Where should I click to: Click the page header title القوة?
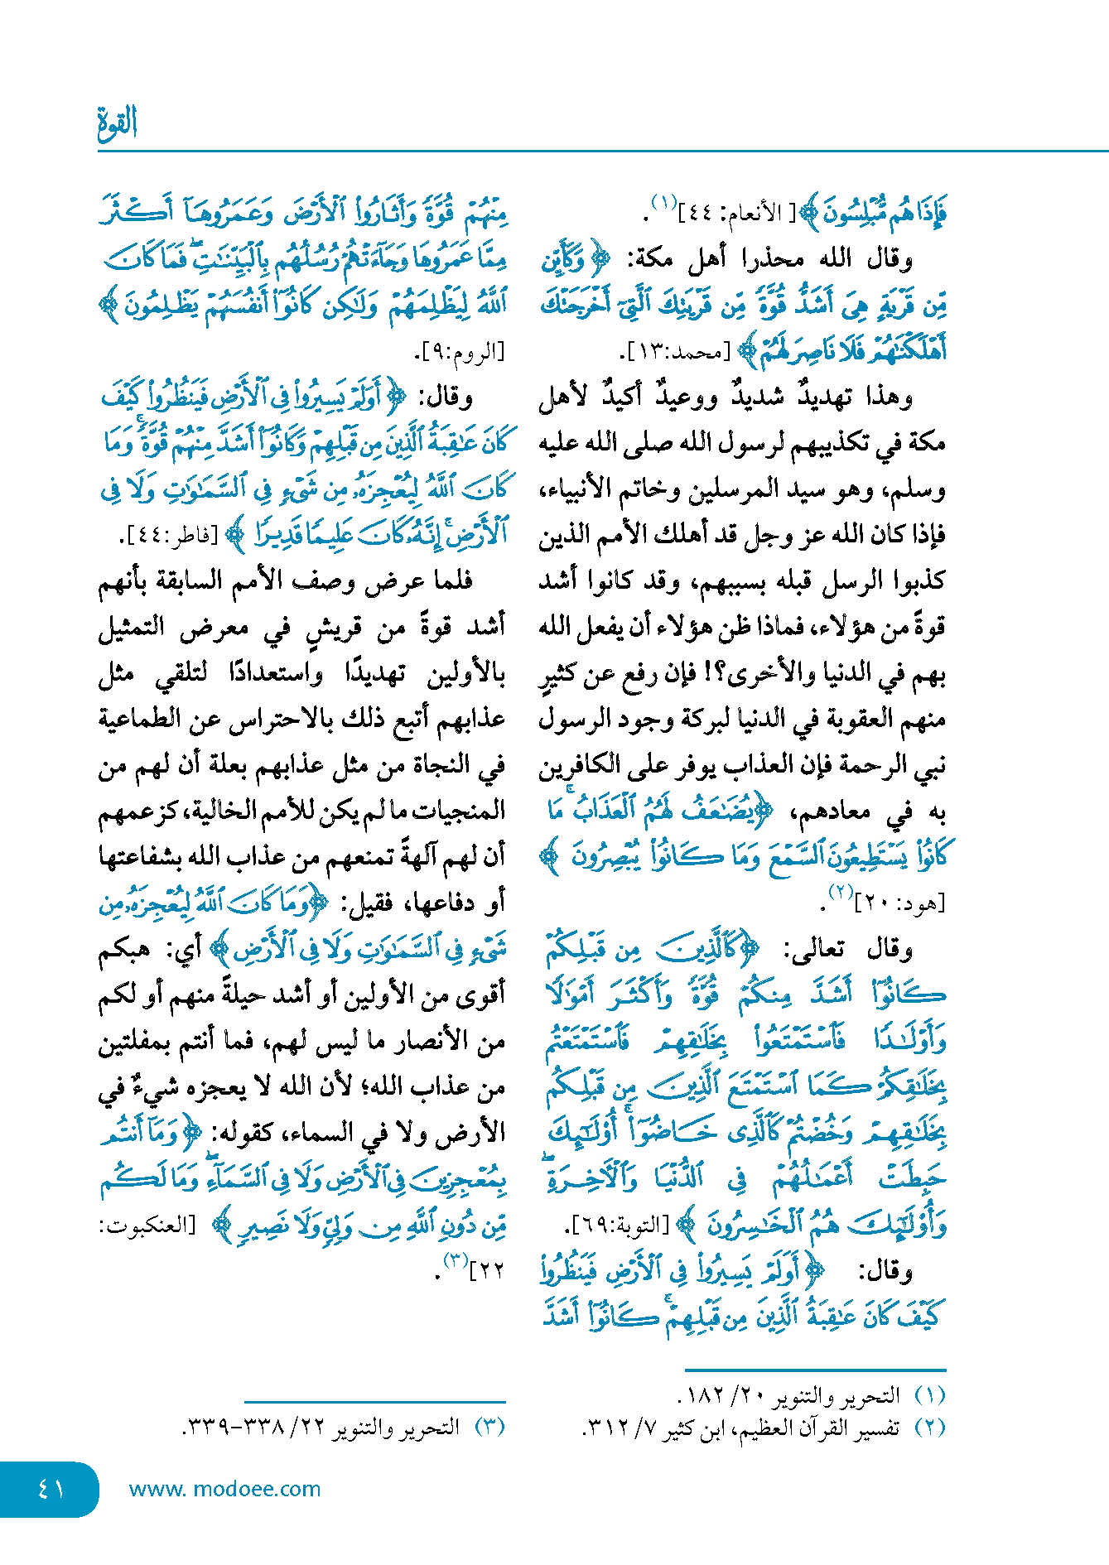coord(117,123)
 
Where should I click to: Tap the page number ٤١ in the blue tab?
coord(51,1489)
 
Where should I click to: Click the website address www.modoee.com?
coord(224,1489)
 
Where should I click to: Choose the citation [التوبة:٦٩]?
coord(618,1225)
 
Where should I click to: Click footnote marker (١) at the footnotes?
coord(929,1396)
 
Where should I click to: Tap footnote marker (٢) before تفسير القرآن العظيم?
coord(929,1428)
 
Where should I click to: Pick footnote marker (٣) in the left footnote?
coord(489,1428)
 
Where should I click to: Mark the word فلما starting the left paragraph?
coord(446,581)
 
